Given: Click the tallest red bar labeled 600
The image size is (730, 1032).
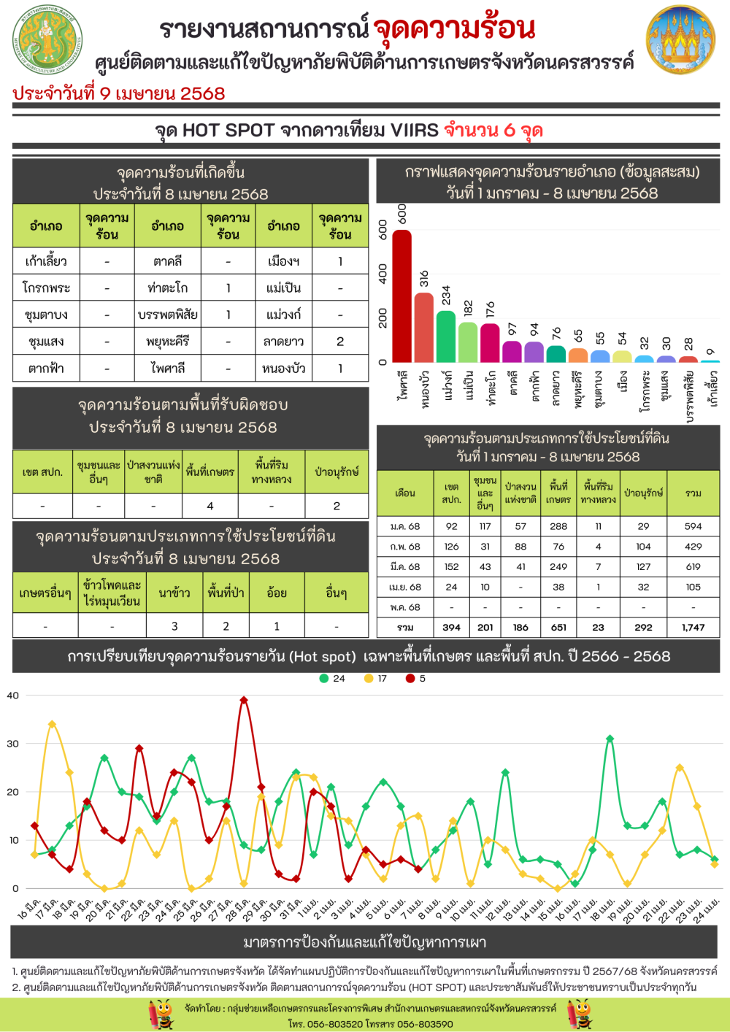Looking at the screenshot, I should (x=401, y=296).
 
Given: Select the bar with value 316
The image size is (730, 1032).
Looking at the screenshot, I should (x=424, y=327).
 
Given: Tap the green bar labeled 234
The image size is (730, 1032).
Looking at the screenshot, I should (x=446, y=336).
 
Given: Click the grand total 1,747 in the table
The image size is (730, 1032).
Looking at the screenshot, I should (x=693, y=627).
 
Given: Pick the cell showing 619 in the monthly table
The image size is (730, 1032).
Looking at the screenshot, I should (x=693, y=566).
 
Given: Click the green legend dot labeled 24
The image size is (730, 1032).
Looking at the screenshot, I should (x=324, y=679).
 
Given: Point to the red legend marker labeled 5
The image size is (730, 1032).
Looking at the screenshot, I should (x=410, y=679).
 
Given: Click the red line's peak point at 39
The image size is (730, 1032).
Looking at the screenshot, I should (x=244, y=700).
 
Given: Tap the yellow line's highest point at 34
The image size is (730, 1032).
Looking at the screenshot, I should (x=52, y=724).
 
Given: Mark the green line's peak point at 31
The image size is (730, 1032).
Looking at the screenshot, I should (x=610, y=739).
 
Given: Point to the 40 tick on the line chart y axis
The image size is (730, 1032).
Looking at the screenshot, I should (x=13, y=696).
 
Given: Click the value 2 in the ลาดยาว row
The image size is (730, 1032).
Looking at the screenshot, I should (x=340, y=342).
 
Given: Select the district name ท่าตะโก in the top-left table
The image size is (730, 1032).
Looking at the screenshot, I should (x=167, y=288).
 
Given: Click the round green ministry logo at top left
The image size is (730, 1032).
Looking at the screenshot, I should (x=47, y=40).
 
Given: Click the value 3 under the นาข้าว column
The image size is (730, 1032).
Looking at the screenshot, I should (x=174, y=626).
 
